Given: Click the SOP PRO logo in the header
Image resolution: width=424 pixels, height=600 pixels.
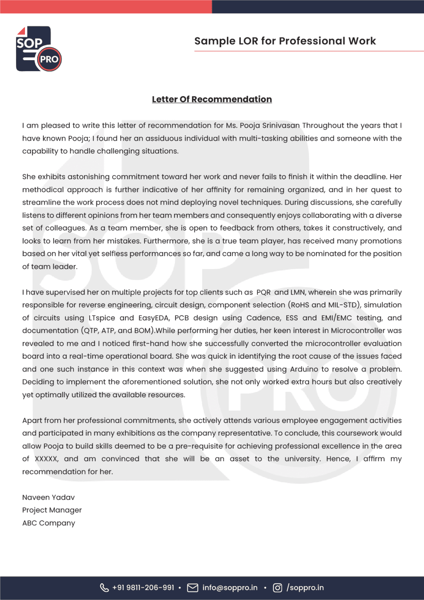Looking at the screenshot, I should (x=38, y=49).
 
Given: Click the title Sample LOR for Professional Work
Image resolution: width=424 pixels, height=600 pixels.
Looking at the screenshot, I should (x=285, y=41).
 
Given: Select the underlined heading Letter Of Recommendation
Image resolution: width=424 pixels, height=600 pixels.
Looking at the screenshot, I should (x=212, y=99).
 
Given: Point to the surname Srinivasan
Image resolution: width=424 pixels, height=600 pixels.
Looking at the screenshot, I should (x=281, y=125).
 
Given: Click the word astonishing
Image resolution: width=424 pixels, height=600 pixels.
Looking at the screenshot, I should (x=89, y=177).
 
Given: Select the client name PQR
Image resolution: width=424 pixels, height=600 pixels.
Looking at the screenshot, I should (x=264, y=292).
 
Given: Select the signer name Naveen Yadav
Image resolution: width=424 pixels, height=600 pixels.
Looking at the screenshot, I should (x=48, y=497).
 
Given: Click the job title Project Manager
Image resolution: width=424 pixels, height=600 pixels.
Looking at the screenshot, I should (x=52, y=510).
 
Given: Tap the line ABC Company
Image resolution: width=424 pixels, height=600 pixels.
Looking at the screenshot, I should (x=48, y=523).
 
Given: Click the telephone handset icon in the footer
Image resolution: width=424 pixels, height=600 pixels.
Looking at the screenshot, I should (x=104, y=587).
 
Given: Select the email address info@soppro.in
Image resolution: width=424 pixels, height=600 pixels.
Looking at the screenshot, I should (x=230, y=587).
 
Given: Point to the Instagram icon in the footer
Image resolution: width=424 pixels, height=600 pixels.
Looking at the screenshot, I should (x=277, y=587).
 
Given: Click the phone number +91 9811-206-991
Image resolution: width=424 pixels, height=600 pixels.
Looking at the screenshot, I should (x=143, y=587).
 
